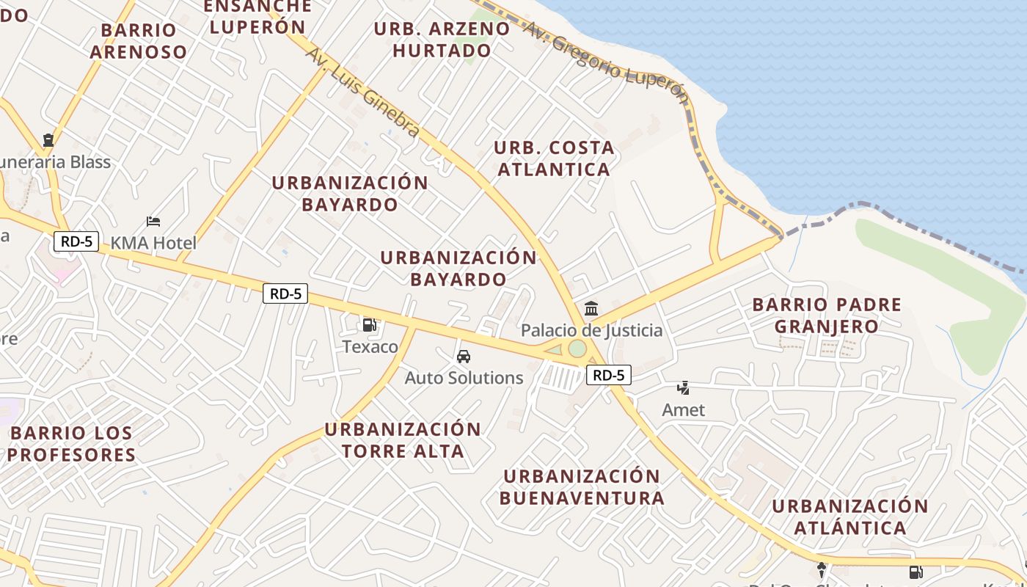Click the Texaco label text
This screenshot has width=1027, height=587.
click(370, 347)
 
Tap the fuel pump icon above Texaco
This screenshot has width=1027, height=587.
click(370, 325)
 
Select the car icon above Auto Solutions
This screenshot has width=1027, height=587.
click(464, 357)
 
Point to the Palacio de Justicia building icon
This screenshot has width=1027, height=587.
click(591, 309)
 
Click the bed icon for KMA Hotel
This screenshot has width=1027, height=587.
click(153, 221)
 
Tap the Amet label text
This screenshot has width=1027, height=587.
click(684, 410)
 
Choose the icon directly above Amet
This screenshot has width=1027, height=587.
click(684, 387)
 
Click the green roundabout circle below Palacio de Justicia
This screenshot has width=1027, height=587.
click(577, 349)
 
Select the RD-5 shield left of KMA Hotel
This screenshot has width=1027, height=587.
click(76, 241)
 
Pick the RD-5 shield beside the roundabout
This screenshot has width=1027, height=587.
click(609, 376)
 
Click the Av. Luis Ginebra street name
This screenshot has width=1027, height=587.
click(363, 92)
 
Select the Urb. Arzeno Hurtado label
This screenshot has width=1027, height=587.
click(442, 40)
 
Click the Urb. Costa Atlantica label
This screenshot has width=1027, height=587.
click(554, 158)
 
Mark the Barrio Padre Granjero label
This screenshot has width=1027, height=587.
click(827, 316)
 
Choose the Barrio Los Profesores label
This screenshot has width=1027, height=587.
click(72, 444)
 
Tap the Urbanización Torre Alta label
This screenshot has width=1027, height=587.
click(403, 440)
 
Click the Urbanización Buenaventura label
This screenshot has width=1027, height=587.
click(582, 487)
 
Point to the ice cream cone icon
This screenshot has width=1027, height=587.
click(822, 569)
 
